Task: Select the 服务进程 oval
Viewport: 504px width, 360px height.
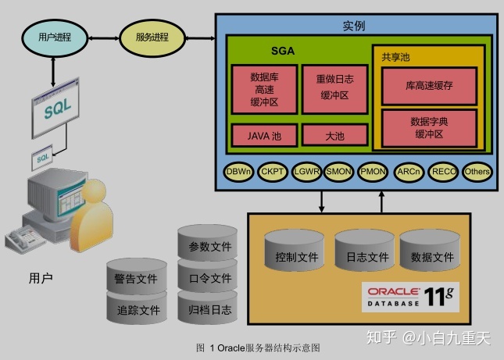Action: click(x=152, y=37)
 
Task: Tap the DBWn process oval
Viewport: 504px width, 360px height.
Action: click(x=238, y=171)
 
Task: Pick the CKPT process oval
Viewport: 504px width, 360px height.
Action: click(x=273, y=171)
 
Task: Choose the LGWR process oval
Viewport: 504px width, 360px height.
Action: click(x=306, y=171)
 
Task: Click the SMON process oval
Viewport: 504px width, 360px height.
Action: click(x=339, y=171)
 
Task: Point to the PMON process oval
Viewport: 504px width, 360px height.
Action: click(x=373, y=171)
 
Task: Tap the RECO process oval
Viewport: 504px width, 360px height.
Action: click(x=444, y=171)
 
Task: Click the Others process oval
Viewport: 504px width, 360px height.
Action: click(x=477, y=171)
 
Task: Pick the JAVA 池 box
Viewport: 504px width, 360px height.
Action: click(x=264, y=136)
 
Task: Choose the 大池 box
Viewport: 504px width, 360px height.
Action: click(x=334, y=136)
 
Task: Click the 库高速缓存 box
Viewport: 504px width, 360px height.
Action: click(x=429, y=85)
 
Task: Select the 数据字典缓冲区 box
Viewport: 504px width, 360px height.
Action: click(x=429, y=128)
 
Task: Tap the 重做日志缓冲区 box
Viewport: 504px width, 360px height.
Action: click(x=334, y=87)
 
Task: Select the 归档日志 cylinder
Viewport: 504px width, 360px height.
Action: click(x=209, y=309)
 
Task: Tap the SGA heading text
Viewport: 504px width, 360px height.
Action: click(x=282, y=52)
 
